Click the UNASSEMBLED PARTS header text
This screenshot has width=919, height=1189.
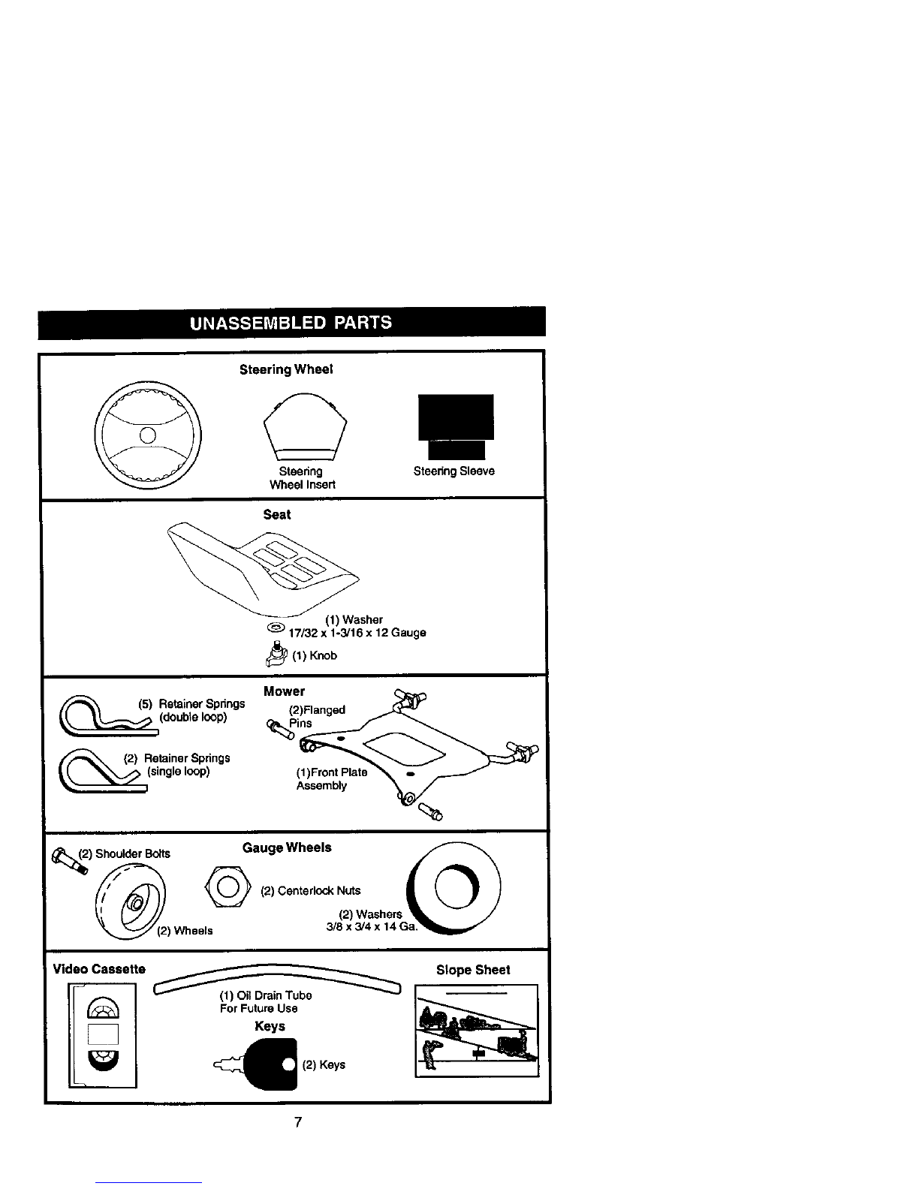click(291, 323)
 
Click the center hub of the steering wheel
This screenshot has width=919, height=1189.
click(148, 435)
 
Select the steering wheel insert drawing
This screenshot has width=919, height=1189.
click(305, 427)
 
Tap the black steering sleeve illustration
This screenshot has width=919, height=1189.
click(456, 427)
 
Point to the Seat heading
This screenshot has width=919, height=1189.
click(277, 514)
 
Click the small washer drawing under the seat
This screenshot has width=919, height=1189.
click(276, 627)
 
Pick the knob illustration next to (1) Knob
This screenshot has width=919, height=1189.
click(276, 654)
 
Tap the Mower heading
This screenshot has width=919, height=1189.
click(284, 691)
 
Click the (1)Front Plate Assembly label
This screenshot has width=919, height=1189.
click(332, 778)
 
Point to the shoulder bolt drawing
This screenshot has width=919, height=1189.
click(70, 861)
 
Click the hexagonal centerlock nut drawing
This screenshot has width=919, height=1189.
click(228, 886)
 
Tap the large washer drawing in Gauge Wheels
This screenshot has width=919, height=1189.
click(453, 887)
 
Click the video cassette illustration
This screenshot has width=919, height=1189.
click(102, 1035)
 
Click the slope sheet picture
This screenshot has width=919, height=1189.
click(477, 1031)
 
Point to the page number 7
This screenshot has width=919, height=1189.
click(298, 1122)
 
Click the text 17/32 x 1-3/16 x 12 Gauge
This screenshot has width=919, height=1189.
click(357, 633)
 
